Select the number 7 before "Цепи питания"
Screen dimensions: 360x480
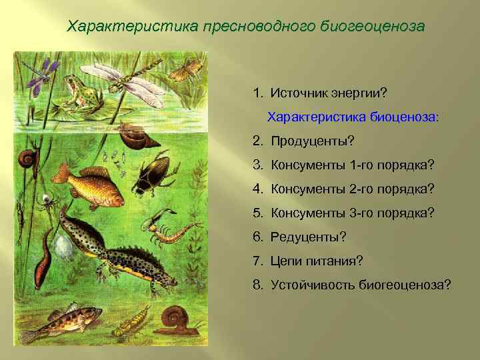click(x=257, y=261)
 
